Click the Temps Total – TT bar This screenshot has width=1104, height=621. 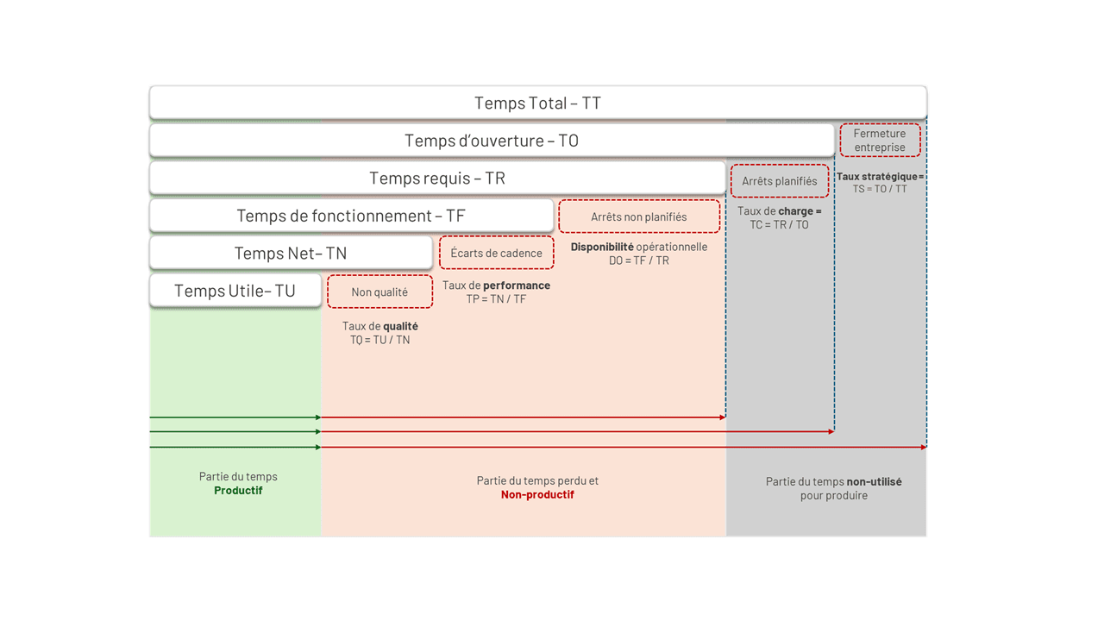tap(537, 103)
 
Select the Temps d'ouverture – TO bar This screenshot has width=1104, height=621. tap(492, 141)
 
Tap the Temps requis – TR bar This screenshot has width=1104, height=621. tap(437, 179)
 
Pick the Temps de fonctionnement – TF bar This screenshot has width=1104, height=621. tap(351, 216)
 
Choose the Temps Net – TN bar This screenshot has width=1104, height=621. tap(291, 254)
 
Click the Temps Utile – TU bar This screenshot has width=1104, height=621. tap(235, 291)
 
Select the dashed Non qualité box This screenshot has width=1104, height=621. tap(379, 292)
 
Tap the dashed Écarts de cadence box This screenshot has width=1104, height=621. tap(496, 253)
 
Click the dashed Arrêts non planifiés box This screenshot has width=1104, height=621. tap(639, 216)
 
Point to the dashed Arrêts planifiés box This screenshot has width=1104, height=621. tap(780, 181)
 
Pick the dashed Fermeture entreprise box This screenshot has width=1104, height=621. tap(880, 141)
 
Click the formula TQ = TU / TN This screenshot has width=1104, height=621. tap(379, 340)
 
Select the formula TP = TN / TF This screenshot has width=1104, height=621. tap(496, 299)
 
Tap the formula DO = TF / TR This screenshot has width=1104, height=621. tap(639, 260)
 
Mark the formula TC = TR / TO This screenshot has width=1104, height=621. tap(780, 224)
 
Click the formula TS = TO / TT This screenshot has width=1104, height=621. tap(880, 189)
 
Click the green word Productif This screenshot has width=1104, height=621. tap(238, 491)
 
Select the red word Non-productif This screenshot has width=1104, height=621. tap(537, 495)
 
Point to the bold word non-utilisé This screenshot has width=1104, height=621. tap(874, 482)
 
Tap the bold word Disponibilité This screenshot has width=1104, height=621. tap(602, 247)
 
